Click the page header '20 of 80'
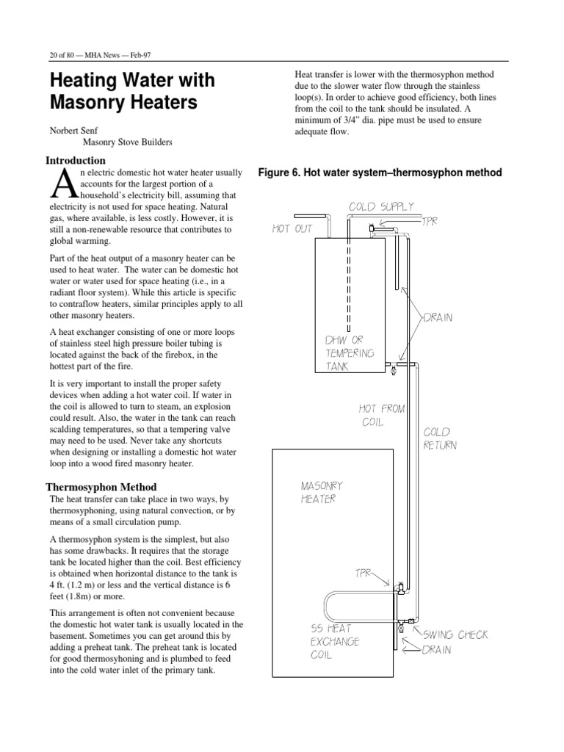click(x=59, y=54)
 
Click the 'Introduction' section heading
click(x=76, y=160)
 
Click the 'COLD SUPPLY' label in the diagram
click(x=381, y=207)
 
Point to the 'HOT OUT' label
click(x=292, y=229)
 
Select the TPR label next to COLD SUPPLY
click(x=430, y=221)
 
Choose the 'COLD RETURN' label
click(x=439, y=439)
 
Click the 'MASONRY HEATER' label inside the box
click(x=322, y=492)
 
